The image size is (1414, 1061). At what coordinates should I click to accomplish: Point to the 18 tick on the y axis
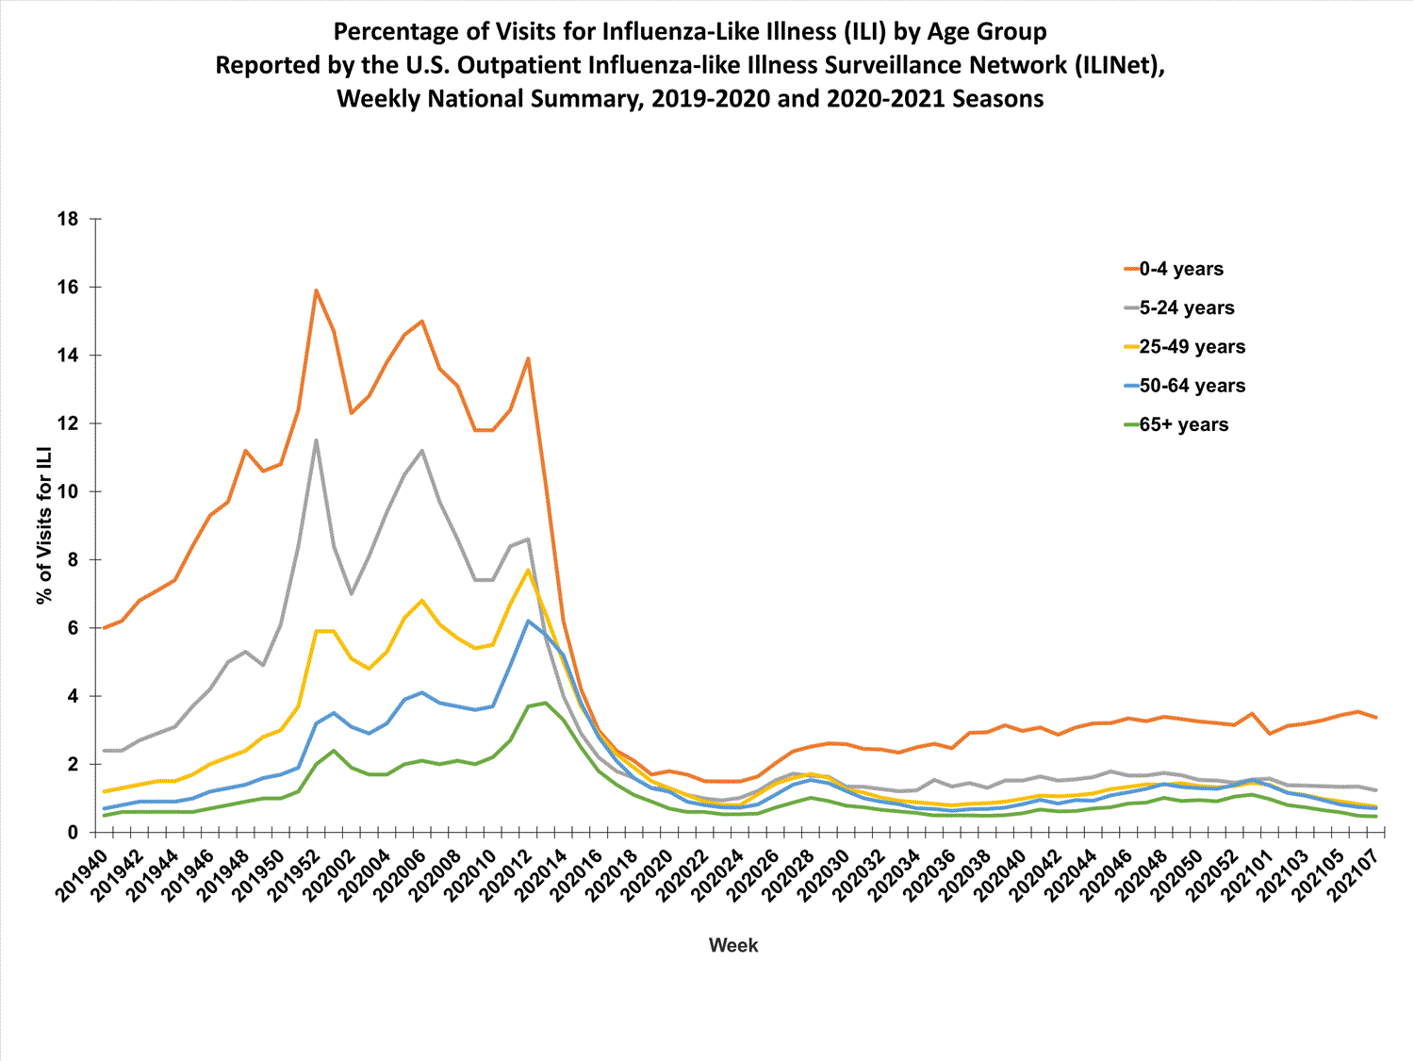click(x=68, y=219)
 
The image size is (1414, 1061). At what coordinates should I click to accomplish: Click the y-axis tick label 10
click(x=68, y=491)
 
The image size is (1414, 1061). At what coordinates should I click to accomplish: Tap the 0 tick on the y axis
click(x=73, y=833)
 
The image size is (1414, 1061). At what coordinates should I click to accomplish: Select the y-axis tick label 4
click(x=73, y=696)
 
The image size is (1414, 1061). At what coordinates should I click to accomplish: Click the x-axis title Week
click(x=732, y=945)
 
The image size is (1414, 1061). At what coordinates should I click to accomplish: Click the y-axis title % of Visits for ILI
click(x=43, y=526)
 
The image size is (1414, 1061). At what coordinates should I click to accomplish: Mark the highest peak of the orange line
click(x=316, y=290)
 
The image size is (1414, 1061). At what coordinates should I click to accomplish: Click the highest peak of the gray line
click(x=316, y=439)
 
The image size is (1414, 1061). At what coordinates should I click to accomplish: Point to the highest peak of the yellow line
click(x=528, y=570)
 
